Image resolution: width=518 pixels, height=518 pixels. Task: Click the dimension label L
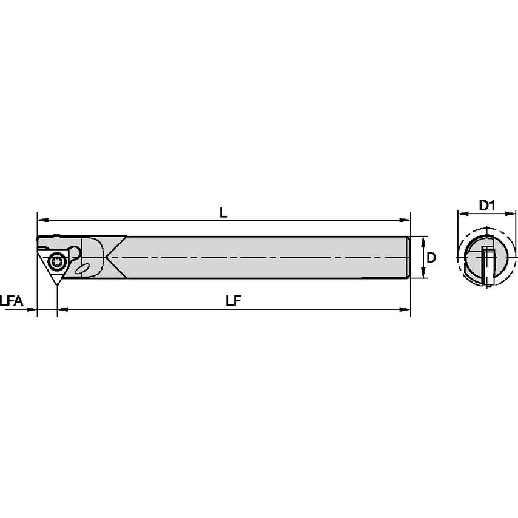click(x=223, y=212)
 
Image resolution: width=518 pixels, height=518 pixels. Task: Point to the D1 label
click(x=487, y=206)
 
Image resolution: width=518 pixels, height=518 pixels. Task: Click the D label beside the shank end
click(x=431, y=257)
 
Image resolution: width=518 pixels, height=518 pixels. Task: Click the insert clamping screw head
click(x=58, y=261)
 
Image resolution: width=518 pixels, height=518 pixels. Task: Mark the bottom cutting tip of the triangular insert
click(x=58, y=284)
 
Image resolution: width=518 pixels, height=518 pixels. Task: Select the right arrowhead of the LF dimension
click(x=407, y=310)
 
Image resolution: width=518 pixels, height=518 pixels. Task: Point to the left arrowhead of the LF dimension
click(x=61, y=310)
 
